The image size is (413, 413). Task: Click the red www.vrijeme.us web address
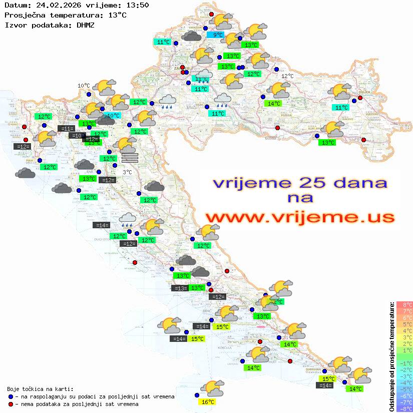[299, 217]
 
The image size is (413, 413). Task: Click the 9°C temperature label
[218, 35]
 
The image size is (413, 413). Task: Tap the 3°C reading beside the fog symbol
[127, 172]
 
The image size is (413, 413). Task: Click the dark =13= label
[180, 288]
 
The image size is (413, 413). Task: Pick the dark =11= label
[67, 129]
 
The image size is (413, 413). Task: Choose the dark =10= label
[77, 136]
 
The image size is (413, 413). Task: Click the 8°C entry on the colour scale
[404, 305]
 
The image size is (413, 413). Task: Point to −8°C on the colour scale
[404, 409]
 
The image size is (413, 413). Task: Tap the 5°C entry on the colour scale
[404, 324]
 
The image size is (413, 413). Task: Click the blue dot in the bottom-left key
[11, 396]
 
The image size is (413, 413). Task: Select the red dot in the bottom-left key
[11, 404]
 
